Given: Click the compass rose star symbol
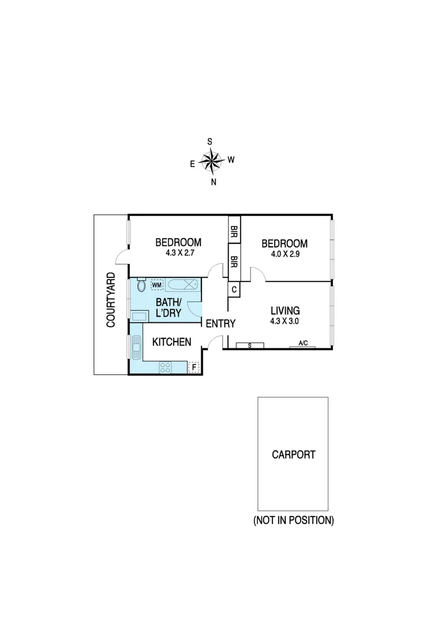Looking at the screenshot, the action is [212, 161].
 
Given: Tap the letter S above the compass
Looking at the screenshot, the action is [210, 142].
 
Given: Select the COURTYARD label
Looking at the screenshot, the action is [111, 300].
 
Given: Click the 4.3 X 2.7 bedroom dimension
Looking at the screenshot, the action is [178, 253].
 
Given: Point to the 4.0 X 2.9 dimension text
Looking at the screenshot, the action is [285, 254].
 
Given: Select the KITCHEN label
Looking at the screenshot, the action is [171, 343].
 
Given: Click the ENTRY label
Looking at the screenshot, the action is [220, 324].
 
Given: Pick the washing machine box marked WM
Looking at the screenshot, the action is [156, 285].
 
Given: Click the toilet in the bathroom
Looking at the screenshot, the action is [141, 285].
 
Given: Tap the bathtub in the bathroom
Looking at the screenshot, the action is [183, 285].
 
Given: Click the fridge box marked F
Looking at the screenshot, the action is [194, 367].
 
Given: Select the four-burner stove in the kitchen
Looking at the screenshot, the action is [165, 366].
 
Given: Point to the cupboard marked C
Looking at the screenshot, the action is [234, 289].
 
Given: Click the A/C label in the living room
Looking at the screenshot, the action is [303, 344].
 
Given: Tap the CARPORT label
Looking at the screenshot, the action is [294, 455].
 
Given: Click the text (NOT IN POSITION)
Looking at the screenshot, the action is [294, 521].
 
